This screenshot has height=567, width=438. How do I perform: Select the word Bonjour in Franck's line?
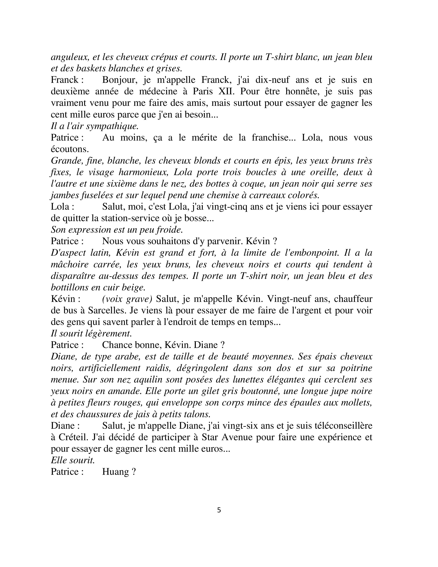(119, 80)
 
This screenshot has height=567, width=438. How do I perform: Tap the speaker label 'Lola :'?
(63, 207)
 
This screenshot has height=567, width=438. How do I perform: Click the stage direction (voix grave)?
(127, 299)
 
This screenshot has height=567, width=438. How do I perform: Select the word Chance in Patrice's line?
(117, 345)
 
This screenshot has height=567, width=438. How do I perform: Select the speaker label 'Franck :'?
(67, 80)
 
